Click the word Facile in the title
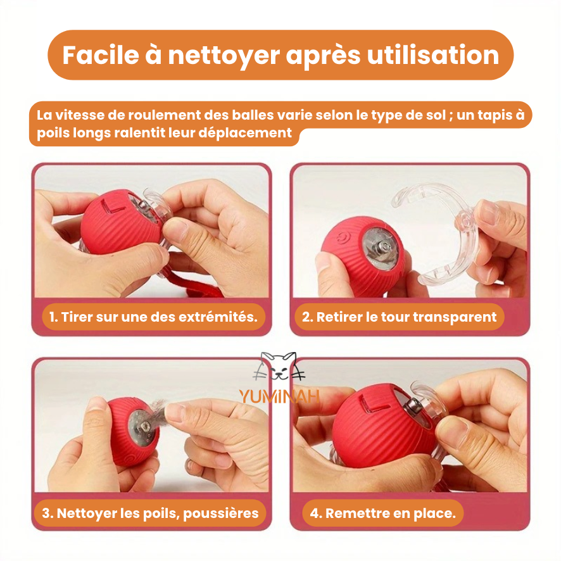[100, 55]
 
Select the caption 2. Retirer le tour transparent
[400, 317]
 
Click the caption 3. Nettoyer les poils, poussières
[150, 513]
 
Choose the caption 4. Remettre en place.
[383, 513]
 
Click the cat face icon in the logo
[280, 367]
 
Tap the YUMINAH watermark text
[279, 397]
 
